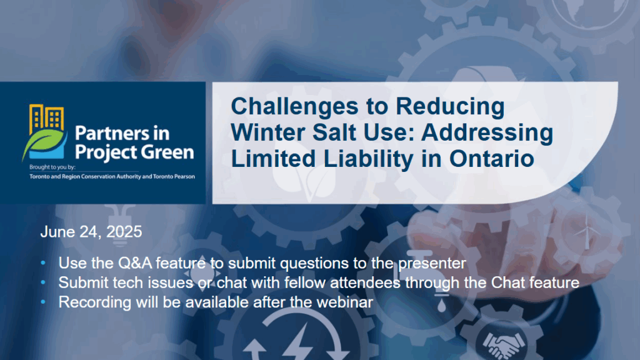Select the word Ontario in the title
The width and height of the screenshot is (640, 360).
[x=491, y=158]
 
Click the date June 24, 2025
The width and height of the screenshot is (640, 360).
[x=91, y=232]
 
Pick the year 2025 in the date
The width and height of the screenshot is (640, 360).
[x=124, y=232]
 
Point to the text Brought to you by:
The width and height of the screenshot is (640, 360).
[x=52, y=167]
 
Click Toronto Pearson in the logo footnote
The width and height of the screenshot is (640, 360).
[x=174, y=177]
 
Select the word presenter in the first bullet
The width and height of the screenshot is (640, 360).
[x=432, y=264]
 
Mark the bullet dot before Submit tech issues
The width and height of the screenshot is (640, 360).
[x=43, y=282]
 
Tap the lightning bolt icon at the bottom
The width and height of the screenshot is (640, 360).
[x=300, y=342]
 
